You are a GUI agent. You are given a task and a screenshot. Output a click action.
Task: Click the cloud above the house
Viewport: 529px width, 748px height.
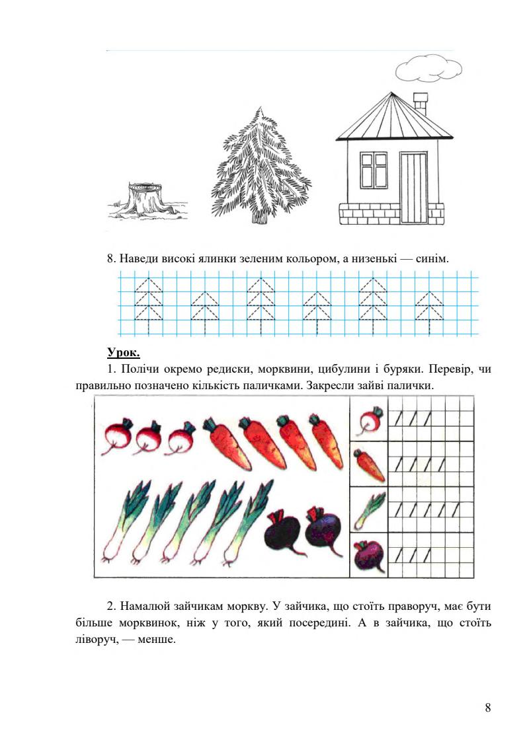coord(428,67)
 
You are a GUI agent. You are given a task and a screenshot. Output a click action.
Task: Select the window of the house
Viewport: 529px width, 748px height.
coord(374,170)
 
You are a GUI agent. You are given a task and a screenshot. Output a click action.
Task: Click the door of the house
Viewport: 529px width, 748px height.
coord(413,188)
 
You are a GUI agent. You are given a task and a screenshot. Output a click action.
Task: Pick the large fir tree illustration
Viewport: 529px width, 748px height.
coord(261,168)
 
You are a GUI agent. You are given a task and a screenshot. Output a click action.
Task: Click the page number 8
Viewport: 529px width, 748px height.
coord(487,708)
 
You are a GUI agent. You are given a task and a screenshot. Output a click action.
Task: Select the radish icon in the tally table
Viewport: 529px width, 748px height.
coord(370,420)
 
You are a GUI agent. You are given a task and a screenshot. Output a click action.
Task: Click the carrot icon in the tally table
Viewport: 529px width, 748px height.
coord(370,465)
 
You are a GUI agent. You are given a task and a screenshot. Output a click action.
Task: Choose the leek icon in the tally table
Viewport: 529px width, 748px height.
coord(370,511)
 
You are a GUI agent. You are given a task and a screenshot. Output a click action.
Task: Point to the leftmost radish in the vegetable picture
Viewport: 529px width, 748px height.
coord(118,438)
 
